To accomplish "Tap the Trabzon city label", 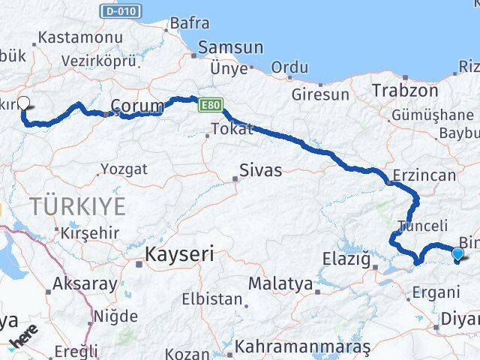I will [405, 90].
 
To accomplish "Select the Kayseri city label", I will [181, 254].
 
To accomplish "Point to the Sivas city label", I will [260, 170].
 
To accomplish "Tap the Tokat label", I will [232, 129].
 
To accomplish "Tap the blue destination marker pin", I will [458, 254].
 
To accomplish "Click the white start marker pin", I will [23, 104].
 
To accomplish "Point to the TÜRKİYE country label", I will [77, 204].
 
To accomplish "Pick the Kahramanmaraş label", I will [302, 347].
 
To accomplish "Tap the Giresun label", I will [321, 95].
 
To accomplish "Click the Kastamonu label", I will [70, 36].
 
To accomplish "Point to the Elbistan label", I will [212, 299].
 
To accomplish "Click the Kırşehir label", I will [90, 232].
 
